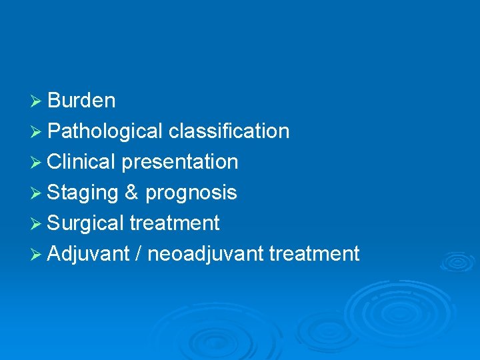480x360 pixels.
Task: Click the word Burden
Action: click(x=81, y=101)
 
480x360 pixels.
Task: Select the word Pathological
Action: click(x=105, y=131)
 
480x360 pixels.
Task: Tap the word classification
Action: click(x=229, y=131)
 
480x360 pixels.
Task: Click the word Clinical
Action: click(x=81, y=162)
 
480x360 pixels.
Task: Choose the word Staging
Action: click(x=83, y=193)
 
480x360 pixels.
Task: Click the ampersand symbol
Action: click(x=131, y=193)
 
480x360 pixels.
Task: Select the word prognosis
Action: click(x=191, y=193)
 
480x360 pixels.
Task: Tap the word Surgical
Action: click(x=85, y=223)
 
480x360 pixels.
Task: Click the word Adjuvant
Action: click(x=89, y=254)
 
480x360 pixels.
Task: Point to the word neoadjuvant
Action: click(x=205, y=254)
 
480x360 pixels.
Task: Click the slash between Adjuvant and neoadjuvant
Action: click(x=138, y=254)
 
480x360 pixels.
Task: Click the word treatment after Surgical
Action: click(x=174, y=223)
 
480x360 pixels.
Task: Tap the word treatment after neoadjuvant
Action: click(x=314, y=254)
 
